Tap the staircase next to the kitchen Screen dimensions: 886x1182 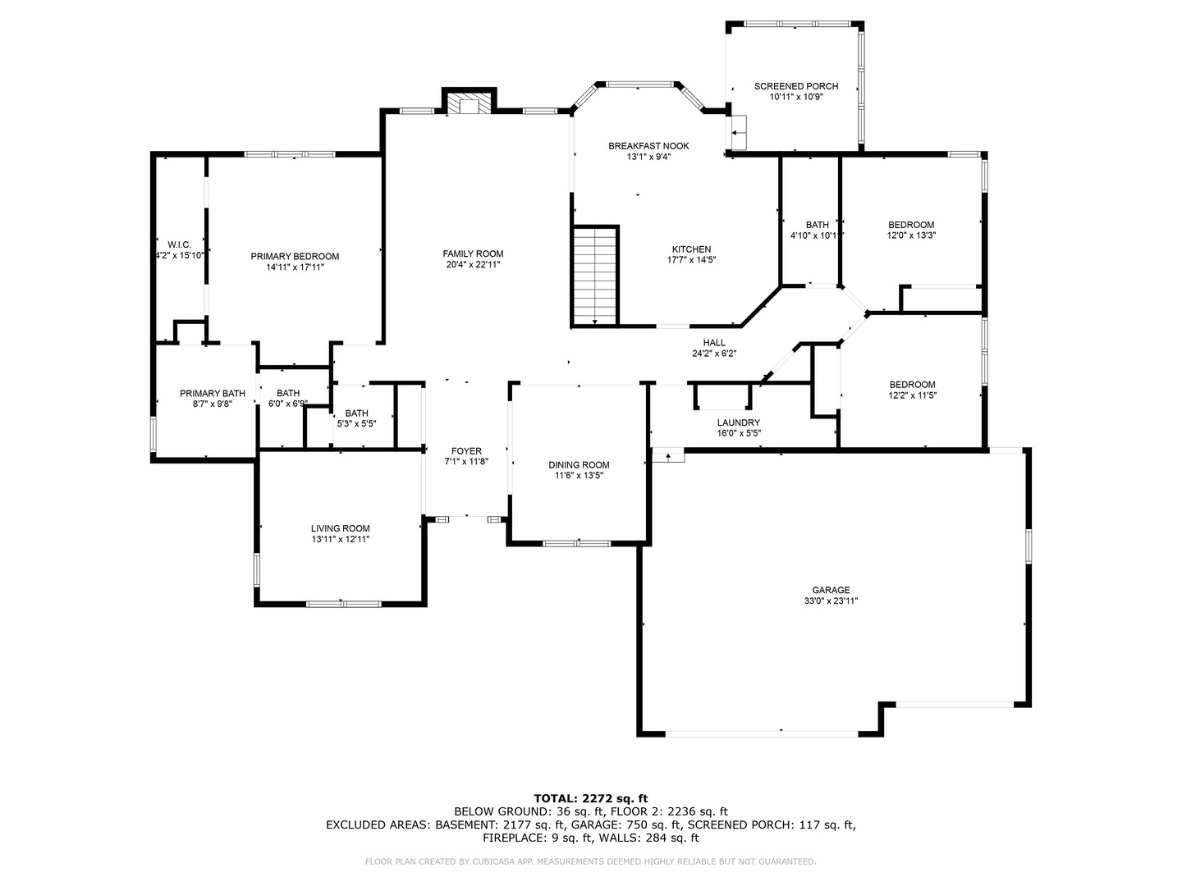coord(595,276)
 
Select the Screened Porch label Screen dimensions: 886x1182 coord(796,86)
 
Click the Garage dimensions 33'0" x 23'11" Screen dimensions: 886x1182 coord(831,601)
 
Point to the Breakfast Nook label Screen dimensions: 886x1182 coord(648,146)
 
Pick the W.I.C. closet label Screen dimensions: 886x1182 coord(179,244)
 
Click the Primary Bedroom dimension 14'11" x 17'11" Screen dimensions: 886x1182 coord(295,267)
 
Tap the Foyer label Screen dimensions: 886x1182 coord(466,451)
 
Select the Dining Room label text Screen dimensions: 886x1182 coord(579,465)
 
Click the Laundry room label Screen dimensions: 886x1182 coord(738,422)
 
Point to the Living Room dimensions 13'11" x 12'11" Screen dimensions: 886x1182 coord(340,539)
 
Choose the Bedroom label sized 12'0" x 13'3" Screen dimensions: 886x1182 coord(911,225)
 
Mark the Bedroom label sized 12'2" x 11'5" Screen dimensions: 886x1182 coord(912,385)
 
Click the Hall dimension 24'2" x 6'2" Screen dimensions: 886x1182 coord(714,354)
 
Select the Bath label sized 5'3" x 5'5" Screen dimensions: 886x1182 coord(356,413)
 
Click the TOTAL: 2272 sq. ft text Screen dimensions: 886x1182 coord(590,797)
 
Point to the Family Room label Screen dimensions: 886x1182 coord(473,253)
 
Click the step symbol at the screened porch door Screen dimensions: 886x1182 coord(738,132)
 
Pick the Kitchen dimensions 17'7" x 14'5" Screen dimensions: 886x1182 coord(691,260)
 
